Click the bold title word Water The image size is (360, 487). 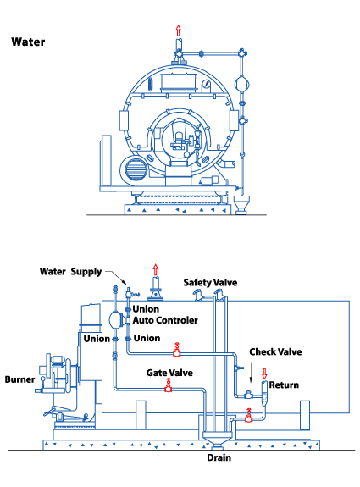(28, 42)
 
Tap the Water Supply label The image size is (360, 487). (70, 272)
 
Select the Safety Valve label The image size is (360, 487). (210, 282)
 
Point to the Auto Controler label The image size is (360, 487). (165, 320)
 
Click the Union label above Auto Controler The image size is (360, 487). (146, 309)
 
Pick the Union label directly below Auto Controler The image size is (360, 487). (147, 338)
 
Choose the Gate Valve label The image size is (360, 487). (169, 373)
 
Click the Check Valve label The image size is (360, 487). (275, 351)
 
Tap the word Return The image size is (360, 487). (284, 385)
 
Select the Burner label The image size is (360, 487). (19, 379)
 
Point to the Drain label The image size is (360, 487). (219, 457)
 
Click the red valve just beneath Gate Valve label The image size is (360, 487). (168, 385)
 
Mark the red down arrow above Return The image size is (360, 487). (264, 374)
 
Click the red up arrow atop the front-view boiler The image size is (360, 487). (178, 31)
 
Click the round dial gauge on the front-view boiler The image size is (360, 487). (206, 84)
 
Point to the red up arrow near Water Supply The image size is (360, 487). (156, 269)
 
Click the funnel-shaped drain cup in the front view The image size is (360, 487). (241, 204)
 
